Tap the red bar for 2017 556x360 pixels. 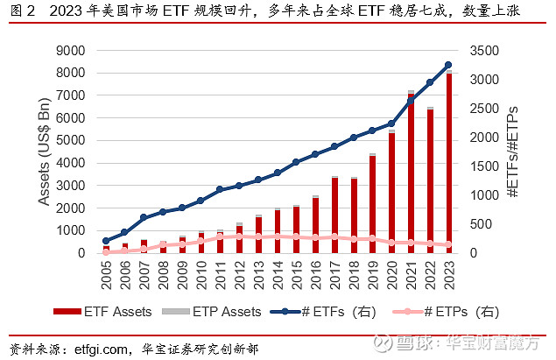[x=334, y=215]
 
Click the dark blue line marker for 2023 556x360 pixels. [x=448, y=65]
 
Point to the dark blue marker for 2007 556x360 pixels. [x=144, y=217]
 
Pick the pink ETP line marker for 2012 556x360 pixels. [x=239, y=236]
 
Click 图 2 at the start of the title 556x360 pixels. [x=21, y=12]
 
